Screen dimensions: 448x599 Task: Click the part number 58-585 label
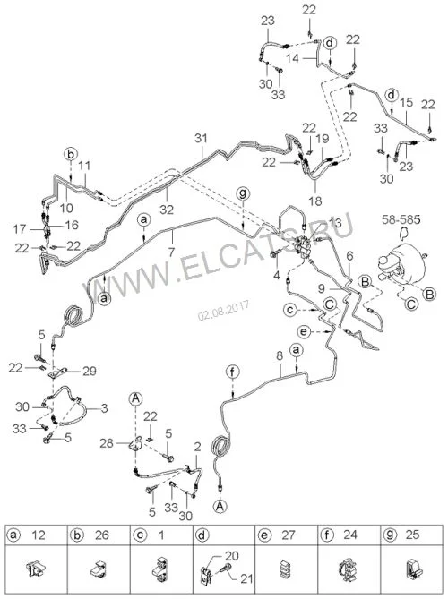coord(401,219)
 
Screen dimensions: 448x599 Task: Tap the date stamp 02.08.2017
coord(224,311)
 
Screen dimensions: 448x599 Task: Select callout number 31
coord(201,138)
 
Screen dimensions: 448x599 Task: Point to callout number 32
coord(167,209)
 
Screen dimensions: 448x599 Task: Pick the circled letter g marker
coord(242,193)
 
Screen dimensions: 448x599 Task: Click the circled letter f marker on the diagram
coord(233,372)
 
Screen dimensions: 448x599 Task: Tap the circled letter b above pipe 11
coord(71,154)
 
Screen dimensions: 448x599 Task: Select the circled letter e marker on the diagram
coord(304,331)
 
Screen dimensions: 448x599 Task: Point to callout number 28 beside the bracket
coord(107,443)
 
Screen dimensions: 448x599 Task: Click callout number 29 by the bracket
coord(90,371)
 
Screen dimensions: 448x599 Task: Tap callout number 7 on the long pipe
coord(172,252)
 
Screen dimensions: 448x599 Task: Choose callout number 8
coord(280,356)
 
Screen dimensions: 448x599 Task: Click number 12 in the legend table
coord(39,535)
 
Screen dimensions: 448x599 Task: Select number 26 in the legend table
coord(101,535)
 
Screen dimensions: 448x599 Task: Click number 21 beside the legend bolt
coord(246,578)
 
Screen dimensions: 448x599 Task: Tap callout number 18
coord(315,201)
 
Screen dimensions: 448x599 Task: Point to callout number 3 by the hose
coord(104,408)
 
